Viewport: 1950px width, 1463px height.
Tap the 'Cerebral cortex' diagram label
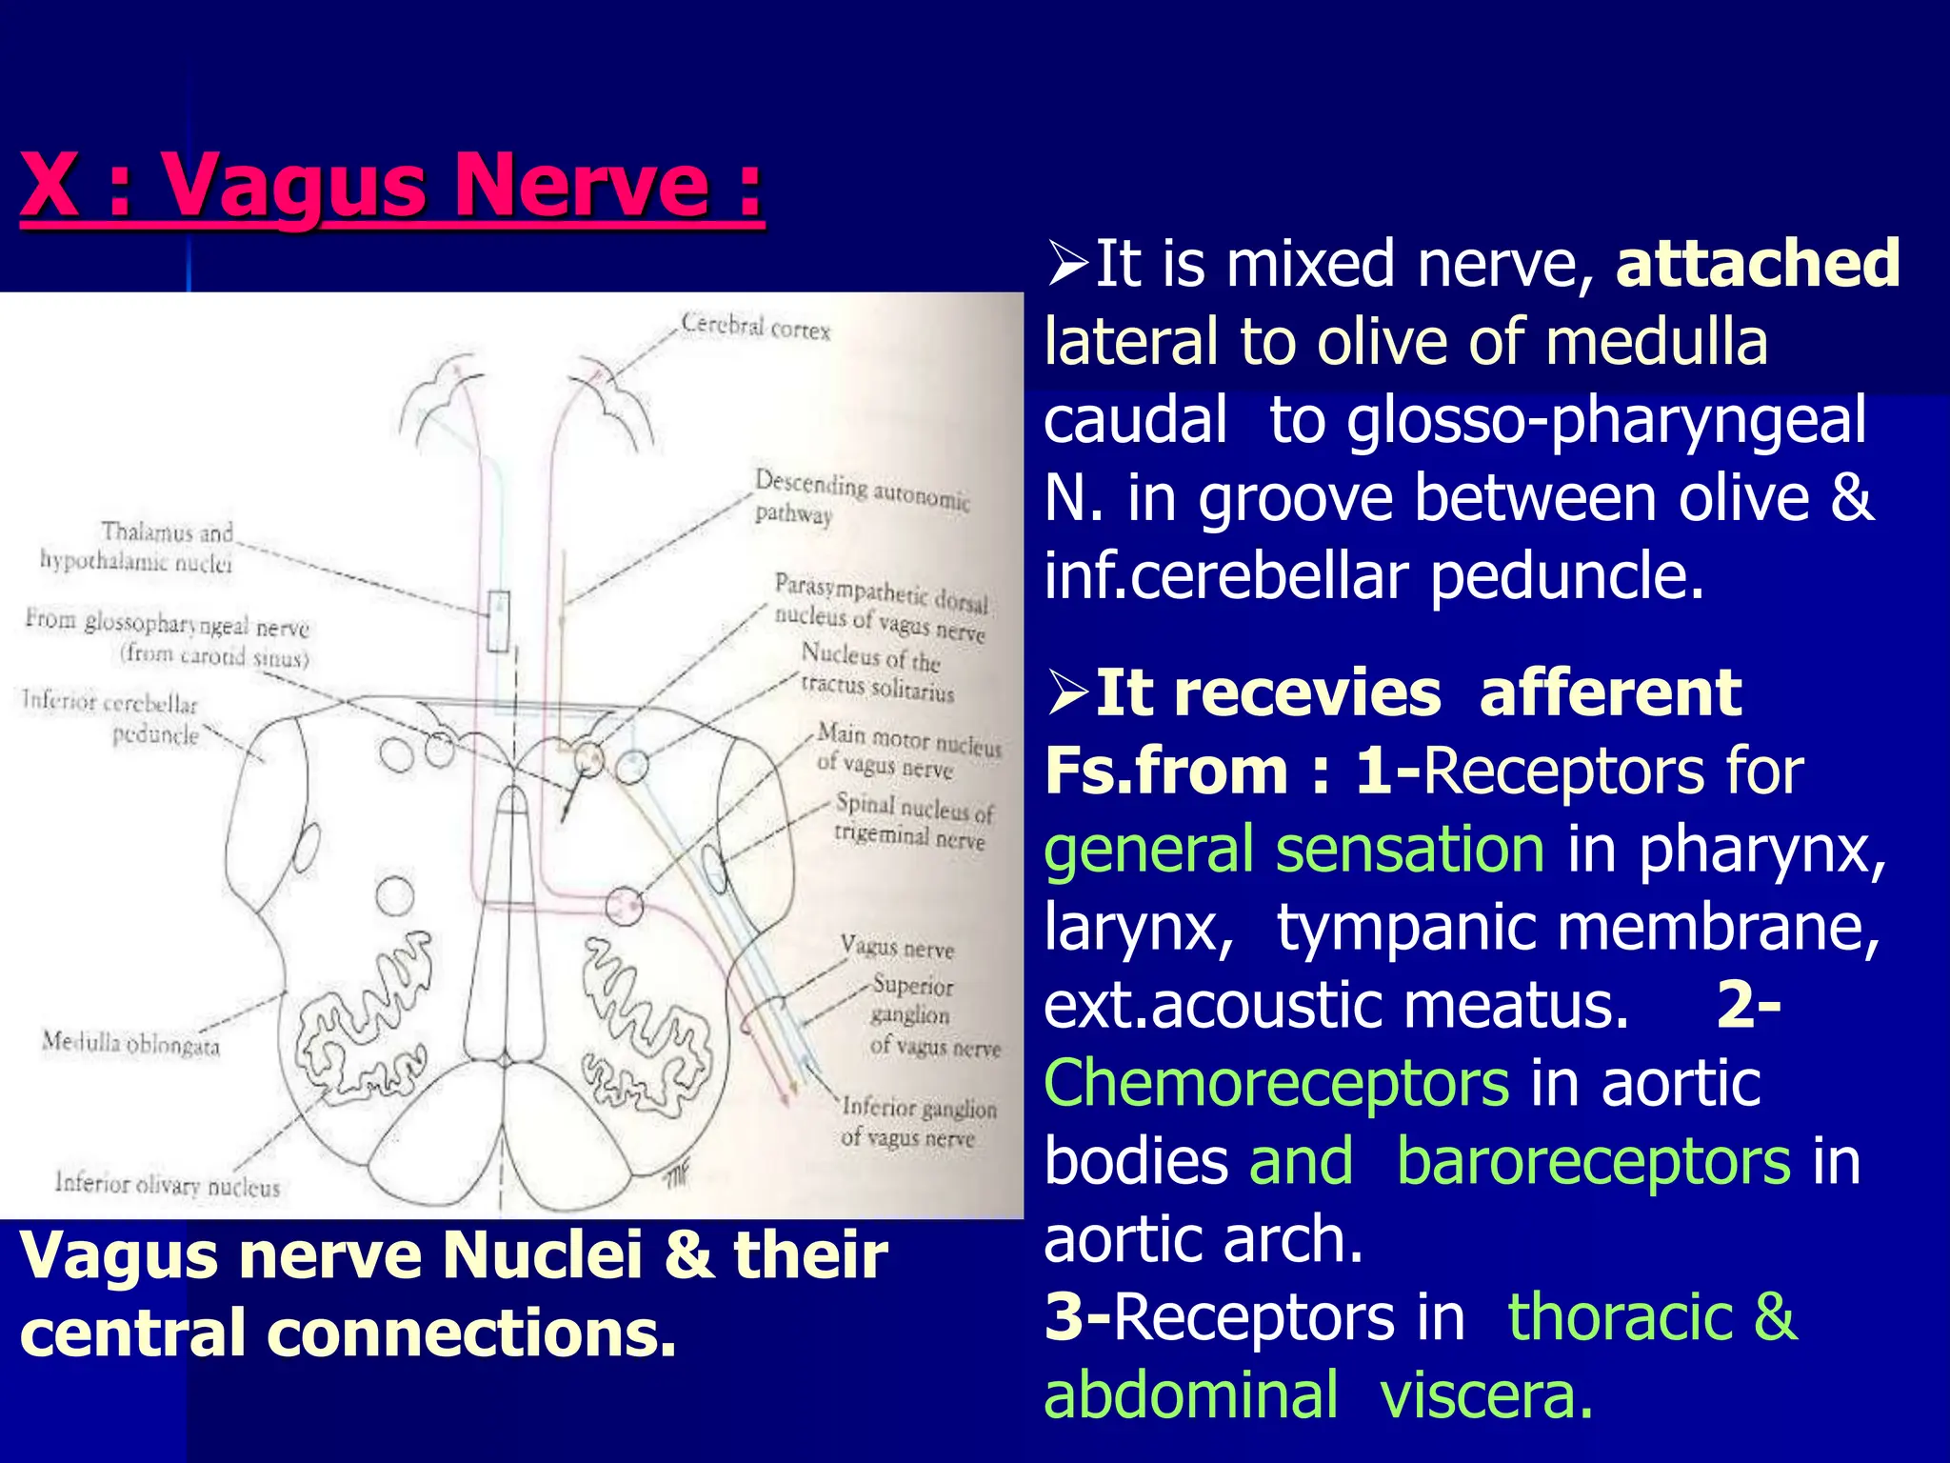click(756, 327)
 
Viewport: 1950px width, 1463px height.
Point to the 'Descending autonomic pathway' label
click(861, 497)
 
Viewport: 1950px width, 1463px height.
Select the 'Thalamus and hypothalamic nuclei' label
click(138, 547)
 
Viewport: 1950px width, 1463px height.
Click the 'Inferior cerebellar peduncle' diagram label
click(111, 718)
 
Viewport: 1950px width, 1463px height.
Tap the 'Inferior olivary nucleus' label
click(168, 1184)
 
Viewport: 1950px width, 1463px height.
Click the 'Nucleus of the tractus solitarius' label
click(875, 671)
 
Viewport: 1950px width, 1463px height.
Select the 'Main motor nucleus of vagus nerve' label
click(907, 751)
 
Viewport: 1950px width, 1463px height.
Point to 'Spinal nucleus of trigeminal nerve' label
click(912, 821)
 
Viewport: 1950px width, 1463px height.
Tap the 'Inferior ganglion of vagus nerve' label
click(918, 1122)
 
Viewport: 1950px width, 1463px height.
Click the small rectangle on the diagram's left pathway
click(498, 621)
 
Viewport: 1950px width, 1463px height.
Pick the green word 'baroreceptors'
click(1593, 1162)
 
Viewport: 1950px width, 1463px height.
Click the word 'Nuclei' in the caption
click(543, 1254)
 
